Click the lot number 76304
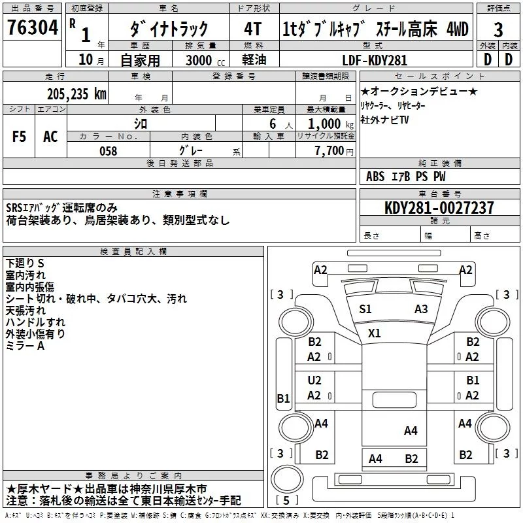pyautogui.click(x=32, y=27)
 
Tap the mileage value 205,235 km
pyautogui.click(x=76, y=94)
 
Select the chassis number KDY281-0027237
pyautogui.click(x=439, y=207)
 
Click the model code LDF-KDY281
pyautogui.click(x=375, y=60)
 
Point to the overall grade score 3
pyautogui.click(x=498, y=30)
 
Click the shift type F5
pyautogui.click(x=19, y=137)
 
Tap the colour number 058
pyautogui.click(x=108, y=151)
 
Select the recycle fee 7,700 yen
pyautogui.click(x=334, y=151)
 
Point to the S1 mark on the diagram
pyautogui.click(x=365, y=309)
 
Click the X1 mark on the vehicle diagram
pyautogui.click(x=374, y=333)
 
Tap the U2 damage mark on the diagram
pyautogui.click(x=314, y=380)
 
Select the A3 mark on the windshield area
pyautogui.click(x=421, y=309)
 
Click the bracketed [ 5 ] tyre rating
pyautogui.click(x=286, y=500)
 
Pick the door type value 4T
pyautogui.click(x=253, y=29)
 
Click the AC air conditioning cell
pyautogui.click(x=50, y=137)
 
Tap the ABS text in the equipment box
pyautogui.click(x=375, y=177)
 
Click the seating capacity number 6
pyautogui.click(x=273, y=124)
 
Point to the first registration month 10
pyautogui.click(x=86, y=59)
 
